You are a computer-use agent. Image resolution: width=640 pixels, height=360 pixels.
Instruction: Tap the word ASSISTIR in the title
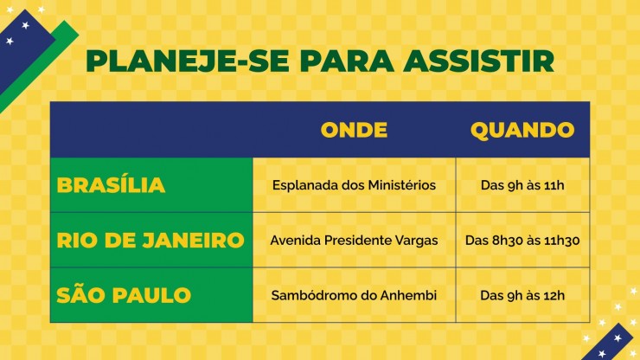coord(478,61)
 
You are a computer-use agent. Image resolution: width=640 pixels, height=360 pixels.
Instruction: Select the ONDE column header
coord(354,130)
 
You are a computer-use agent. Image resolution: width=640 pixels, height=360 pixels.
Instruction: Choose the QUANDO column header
coord(522,131)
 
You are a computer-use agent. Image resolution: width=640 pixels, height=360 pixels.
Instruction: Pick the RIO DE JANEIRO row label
coord(150,241)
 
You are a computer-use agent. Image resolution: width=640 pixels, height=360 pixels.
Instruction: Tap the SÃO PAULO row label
coord(124,294)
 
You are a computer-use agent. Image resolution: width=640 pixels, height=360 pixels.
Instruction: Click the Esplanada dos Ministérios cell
coord(354,185)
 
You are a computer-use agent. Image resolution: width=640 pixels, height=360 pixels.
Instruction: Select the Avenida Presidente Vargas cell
coord(354,241)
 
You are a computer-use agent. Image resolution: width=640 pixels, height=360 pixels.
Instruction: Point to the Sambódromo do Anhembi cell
coord(354,295)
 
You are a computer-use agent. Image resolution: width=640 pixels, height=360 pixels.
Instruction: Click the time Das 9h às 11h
coord(522,185)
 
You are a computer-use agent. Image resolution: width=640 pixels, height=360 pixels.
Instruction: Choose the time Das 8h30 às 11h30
coord(522,241)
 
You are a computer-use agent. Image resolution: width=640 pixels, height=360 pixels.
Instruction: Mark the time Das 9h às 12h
coord(522,295)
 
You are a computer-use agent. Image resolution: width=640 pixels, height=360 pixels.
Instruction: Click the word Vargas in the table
coord(416,241)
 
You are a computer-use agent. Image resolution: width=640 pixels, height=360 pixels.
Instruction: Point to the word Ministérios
coord(401,185)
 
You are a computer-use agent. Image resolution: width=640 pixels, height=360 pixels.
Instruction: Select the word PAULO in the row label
coord(151,295)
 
